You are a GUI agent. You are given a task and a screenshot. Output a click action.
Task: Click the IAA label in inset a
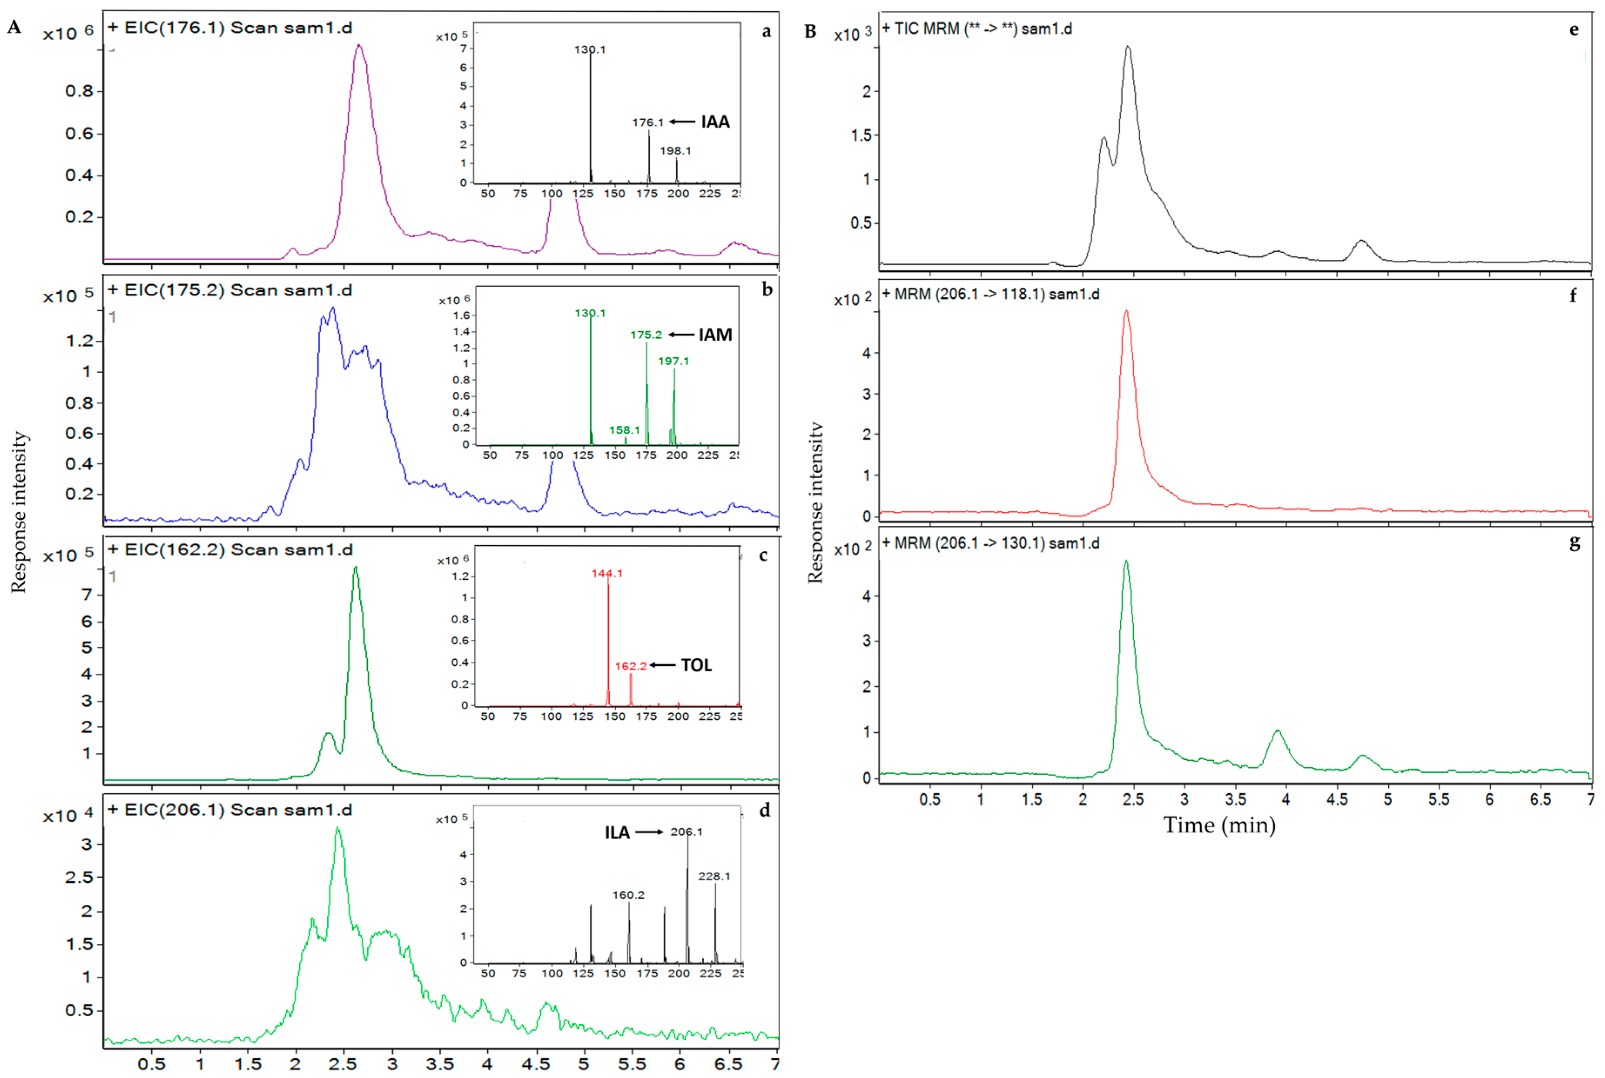[715, 122]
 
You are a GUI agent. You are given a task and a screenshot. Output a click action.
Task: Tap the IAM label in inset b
[715, 335]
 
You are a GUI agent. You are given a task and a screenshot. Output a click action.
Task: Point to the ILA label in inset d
[617, 833]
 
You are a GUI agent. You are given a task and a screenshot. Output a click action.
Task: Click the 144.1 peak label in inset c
[607, 573]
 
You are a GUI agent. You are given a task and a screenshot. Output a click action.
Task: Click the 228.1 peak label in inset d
[714, 876]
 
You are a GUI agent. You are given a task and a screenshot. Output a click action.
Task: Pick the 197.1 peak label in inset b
[673, 361]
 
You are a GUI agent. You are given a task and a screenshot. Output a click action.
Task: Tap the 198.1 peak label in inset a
[675, 151]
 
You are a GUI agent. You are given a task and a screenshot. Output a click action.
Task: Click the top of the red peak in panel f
[1126, 312]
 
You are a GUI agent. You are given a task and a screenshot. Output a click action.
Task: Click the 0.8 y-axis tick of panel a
[80, 91]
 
